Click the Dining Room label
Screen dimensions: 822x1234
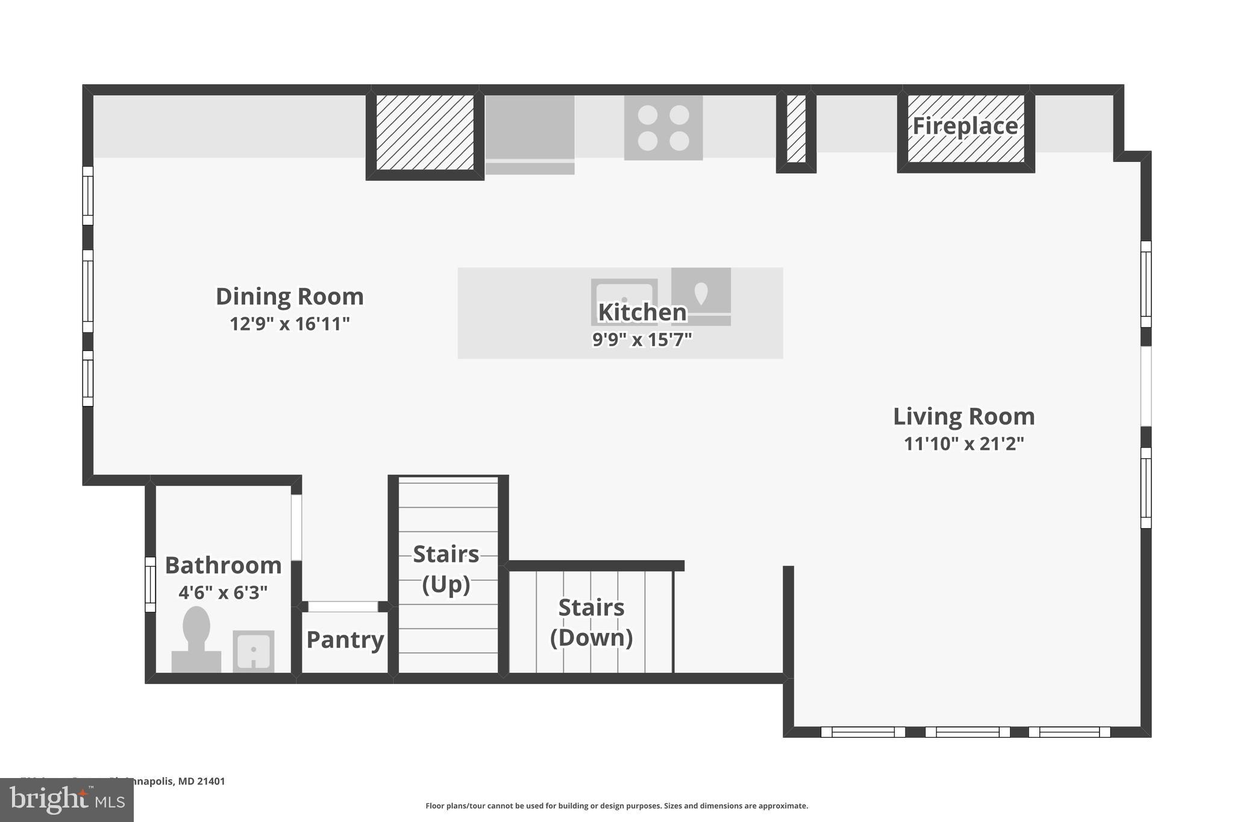point(290,297)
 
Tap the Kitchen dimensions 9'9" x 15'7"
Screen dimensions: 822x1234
point(642,340)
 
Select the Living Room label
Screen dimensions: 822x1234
point(963,417)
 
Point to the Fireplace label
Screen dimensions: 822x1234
point(965,126)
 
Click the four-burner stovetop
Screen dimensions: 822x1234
point(663,128)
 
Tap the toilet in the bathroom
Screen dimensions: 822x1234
point(196,638)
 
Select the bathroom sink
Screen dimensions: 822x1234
point(254,651)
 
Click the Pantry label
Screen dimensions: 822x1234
point(345,640)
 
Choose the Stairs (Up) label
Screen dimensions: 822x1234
point(446,569)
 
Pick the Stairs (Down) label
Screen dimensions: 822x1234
point(591,622)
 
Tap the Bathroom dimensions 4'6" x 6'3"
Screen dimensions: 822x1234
point(223,593)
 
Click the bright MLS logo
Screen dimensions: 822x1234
point(67,800)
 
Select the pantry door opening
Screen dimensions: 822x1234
point(343,606)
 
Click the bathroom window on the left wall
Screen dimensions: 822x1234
point(150,585)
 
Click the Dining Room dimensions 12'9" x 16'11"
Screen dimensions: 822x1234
point(290,325)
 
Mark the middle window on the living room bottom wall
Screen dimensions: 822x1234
point(967,732)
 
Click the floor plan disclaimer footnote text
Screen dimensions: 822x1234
point(616,806)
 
